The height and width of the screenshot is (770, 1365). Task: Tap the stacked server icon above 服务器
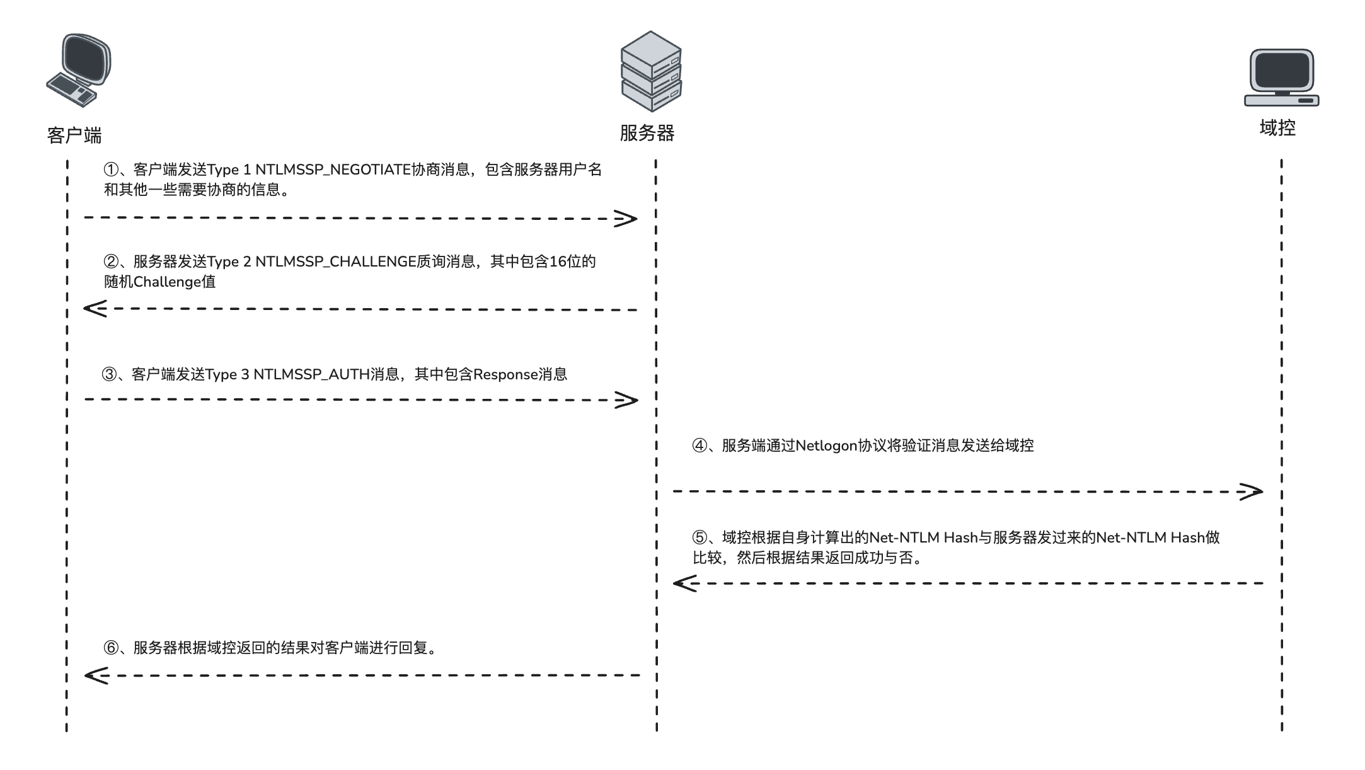click(650, 71)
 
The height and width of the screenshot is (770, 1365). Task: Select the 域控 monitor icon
click(1281, 78)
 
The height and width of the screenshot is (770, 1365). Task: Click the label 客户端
click(74, 135)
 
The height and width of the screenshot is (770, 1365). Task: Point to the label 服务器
click(647, 133)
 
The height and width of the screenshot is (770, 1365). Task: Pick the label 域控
click(1277, 128)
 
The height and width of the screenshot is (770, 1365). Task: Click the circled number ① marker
click(111, 170)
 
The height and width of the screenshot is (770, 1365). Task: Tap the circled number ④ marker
click(700, 446)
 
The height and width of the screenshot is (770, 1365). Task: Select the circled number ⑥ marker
click(111, 648)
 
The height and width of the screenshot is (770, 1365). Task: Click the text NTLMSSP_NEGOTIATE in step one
click(333, 170)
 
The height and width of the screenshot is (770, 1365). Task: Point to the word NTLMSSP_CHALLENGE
click(335, 261)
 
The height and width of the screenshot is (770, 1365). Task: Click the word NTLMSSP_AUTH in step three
click(311, 375)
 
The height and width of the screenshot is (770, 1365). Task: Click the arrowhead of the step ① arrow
click(626, 219)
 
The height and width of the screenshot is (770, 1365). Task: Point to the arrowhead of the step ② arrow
click(95, 309)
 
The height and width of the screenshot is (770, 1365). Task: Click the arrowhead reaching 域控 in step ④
click(1251, 491)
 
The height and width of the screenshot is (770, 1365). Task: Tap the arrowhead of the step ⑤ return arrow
click(684, 583)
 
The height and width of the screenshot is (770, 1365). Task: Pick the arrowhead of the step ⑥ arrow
click(96, 675)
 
